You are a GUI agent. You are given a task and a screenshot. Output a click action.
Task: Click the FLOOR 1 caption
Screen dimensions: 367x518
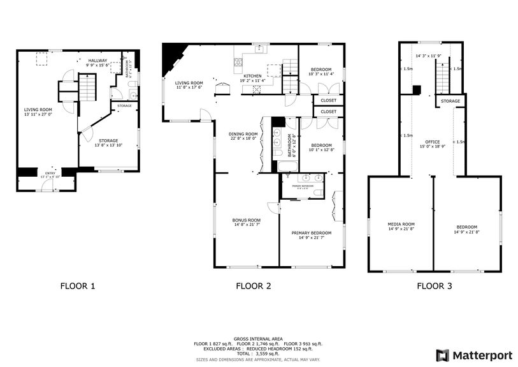pos(78,286)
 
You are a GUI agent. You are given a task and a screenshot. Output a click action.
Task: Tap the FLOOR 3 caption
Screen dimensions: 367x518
pos(435,286)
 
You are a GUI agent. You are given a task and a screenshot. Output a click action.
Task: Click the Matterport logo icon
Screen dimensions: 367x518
pos(442,355)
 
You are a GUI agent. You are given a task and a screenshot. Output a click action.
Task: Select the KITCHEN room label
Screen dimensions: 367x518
pos(253,76)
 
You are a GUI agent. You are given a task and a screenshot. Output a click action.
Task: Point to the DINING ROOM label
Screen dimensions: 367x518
pos(242,134)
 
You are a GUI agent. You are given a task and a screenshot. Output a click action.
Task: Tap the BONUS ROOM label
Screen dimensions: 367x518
pos(246,220)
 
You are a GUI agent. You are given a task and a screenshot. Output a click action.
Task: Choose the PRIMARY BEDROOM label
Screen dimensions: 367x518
pos(312,233)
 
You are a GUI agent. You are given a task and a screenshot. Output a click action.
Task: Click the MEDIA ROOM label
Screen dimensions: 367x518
pos(401,224)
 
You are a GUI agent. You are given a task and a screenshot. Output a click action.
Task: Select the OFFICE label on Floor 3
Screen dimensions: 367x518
pos(433,142)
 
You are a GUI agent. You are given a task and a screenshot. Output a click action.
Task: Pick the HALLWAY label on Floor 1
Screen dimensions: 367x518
pos(98,61)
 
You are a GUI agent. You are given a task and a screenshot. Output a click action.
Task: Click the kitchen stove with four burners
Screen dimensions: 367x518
pos(239,62)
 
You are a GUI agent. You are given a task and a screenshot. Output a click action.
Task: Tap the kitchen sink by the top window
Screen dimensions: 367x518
pos(260,50)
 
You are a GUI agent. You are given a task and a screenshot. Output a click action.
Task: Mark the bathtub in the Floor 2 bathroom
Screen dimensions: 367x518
pos(287,167)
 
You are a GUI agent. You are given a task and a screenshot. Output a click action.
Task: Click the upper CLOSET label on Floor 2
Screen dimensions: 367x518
pos(328,100)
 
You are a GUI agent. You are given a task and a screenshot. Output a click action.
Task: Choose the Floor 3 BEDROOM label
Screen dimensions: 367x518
pos(466,227)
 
